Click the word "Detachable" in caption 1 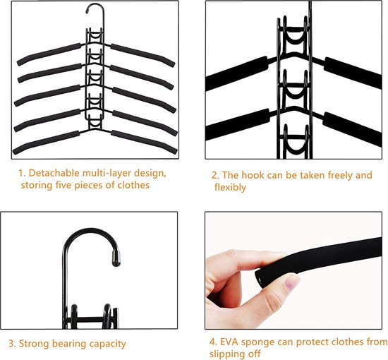[54, 172]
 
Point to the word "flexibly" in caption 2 [230, 188]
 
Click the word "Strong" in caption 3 [35, 344]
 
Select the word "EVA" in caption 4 [230, 342]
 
